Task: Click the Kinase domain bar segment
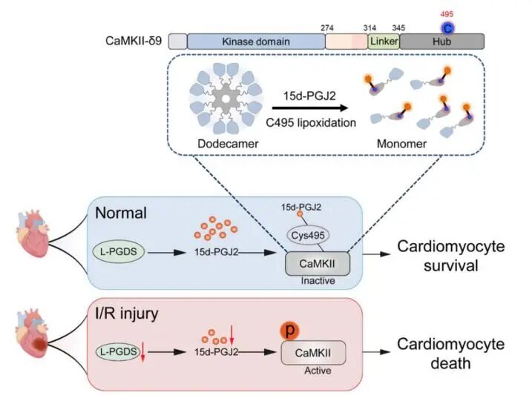253,42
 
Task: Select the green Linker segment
383,42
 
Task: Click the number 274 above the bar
327,27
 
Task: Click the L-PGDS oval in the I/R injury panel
120,351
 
